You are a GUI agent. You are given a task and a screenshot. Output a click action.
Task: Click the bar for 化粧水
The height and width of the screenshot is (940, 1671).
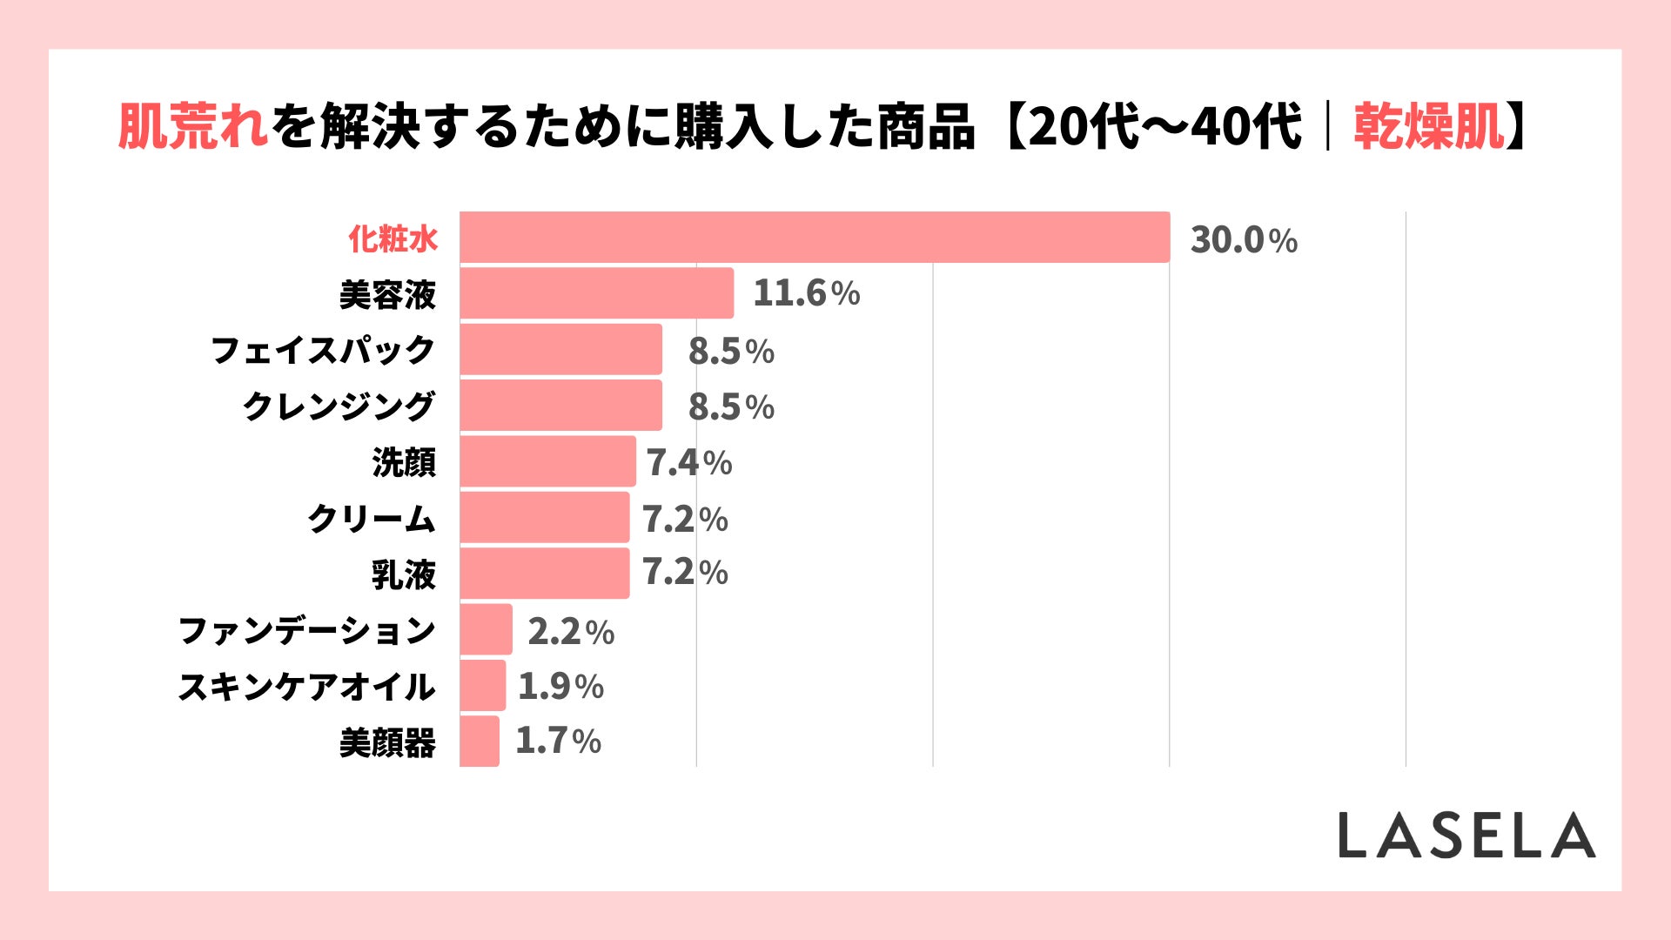815,237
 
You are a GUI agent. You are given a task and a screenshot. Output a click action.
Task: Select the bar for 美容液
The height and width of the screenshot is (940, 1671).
597,293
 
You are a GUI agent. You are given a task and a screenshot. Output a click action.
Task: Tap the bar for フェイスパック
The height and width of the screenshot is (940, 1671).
561,349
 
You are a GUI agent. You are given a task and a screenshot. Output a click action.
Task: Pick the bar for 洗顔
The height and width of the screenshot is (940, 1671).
548,461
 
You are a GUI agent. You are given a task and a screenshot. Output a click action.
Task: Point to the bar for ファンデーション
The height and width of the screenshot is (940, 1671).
487,629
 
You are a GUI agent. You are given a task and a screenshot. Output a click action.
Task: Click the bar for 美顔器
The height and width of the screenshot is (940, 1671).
480,742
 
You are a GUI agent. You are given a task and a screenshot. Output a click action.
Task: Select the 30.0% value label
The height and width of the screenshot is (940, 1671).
1244,240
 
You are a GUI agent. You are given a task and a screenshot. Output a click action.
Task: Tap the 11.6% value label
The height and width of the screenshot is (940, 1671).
806,293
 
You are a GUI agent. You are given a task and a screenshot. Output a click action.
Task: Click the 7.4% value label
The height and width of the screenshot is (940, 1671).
688,463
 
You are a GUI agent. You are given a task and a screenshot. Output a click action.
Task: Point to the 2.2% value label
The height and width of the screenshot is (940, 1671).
571,632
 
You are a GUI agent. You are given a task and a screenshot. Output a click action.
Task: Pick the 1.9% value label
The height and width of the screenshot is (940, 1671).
560,687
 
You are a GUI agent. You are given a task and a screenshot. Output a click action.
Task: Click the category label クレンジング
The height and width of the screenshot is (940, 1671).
339,406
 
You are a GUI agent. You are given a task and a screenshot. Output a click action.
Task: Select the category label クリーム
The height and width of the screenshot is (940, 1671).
371,519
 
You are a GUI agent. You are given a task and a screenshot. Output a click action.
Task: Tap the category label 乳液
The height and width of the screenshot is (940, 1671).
403,574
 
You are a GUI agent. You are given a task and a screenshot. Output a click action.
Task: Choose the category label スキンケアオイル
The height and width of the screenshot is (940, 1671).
306,687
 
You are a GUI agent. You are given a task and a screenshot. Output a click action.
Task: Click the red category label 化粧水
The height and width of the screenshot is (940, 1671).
393,238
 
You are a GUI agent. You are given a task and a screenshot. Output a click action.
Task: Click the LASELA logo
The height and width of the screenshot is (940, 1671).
1466,836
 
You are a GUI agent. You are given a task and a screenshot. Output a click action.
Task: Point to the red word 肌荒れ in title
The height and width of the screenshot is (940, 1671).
193,127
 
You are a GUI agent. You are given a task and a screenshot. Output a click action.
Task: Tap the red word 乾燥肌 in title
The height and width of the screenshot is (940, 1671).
1428,127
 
